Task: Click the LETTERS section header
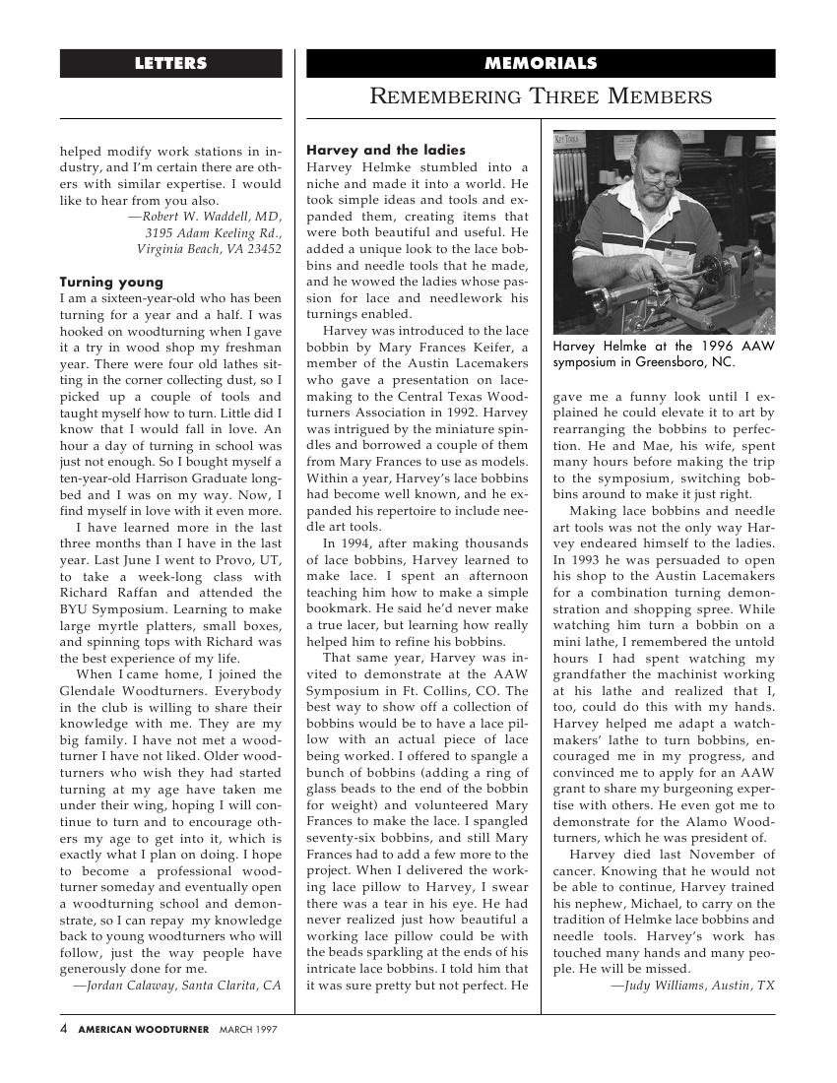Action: click(x=170, y=64)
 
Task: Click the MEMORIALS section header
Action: click(x=541, y=64)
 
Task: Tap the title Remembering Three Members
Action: click(x=541, y=96)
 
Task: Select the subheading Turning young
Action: click(x=111, y=283)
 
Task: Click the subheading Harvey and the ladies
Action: click(x=386, y=151)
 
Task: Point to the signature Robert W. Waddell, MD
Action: click(x=205, y=217)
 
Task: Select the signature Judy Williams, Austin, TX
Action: click(x=692, y=986)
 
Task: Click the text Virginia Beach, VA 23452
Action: click(x=209, y=249)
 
